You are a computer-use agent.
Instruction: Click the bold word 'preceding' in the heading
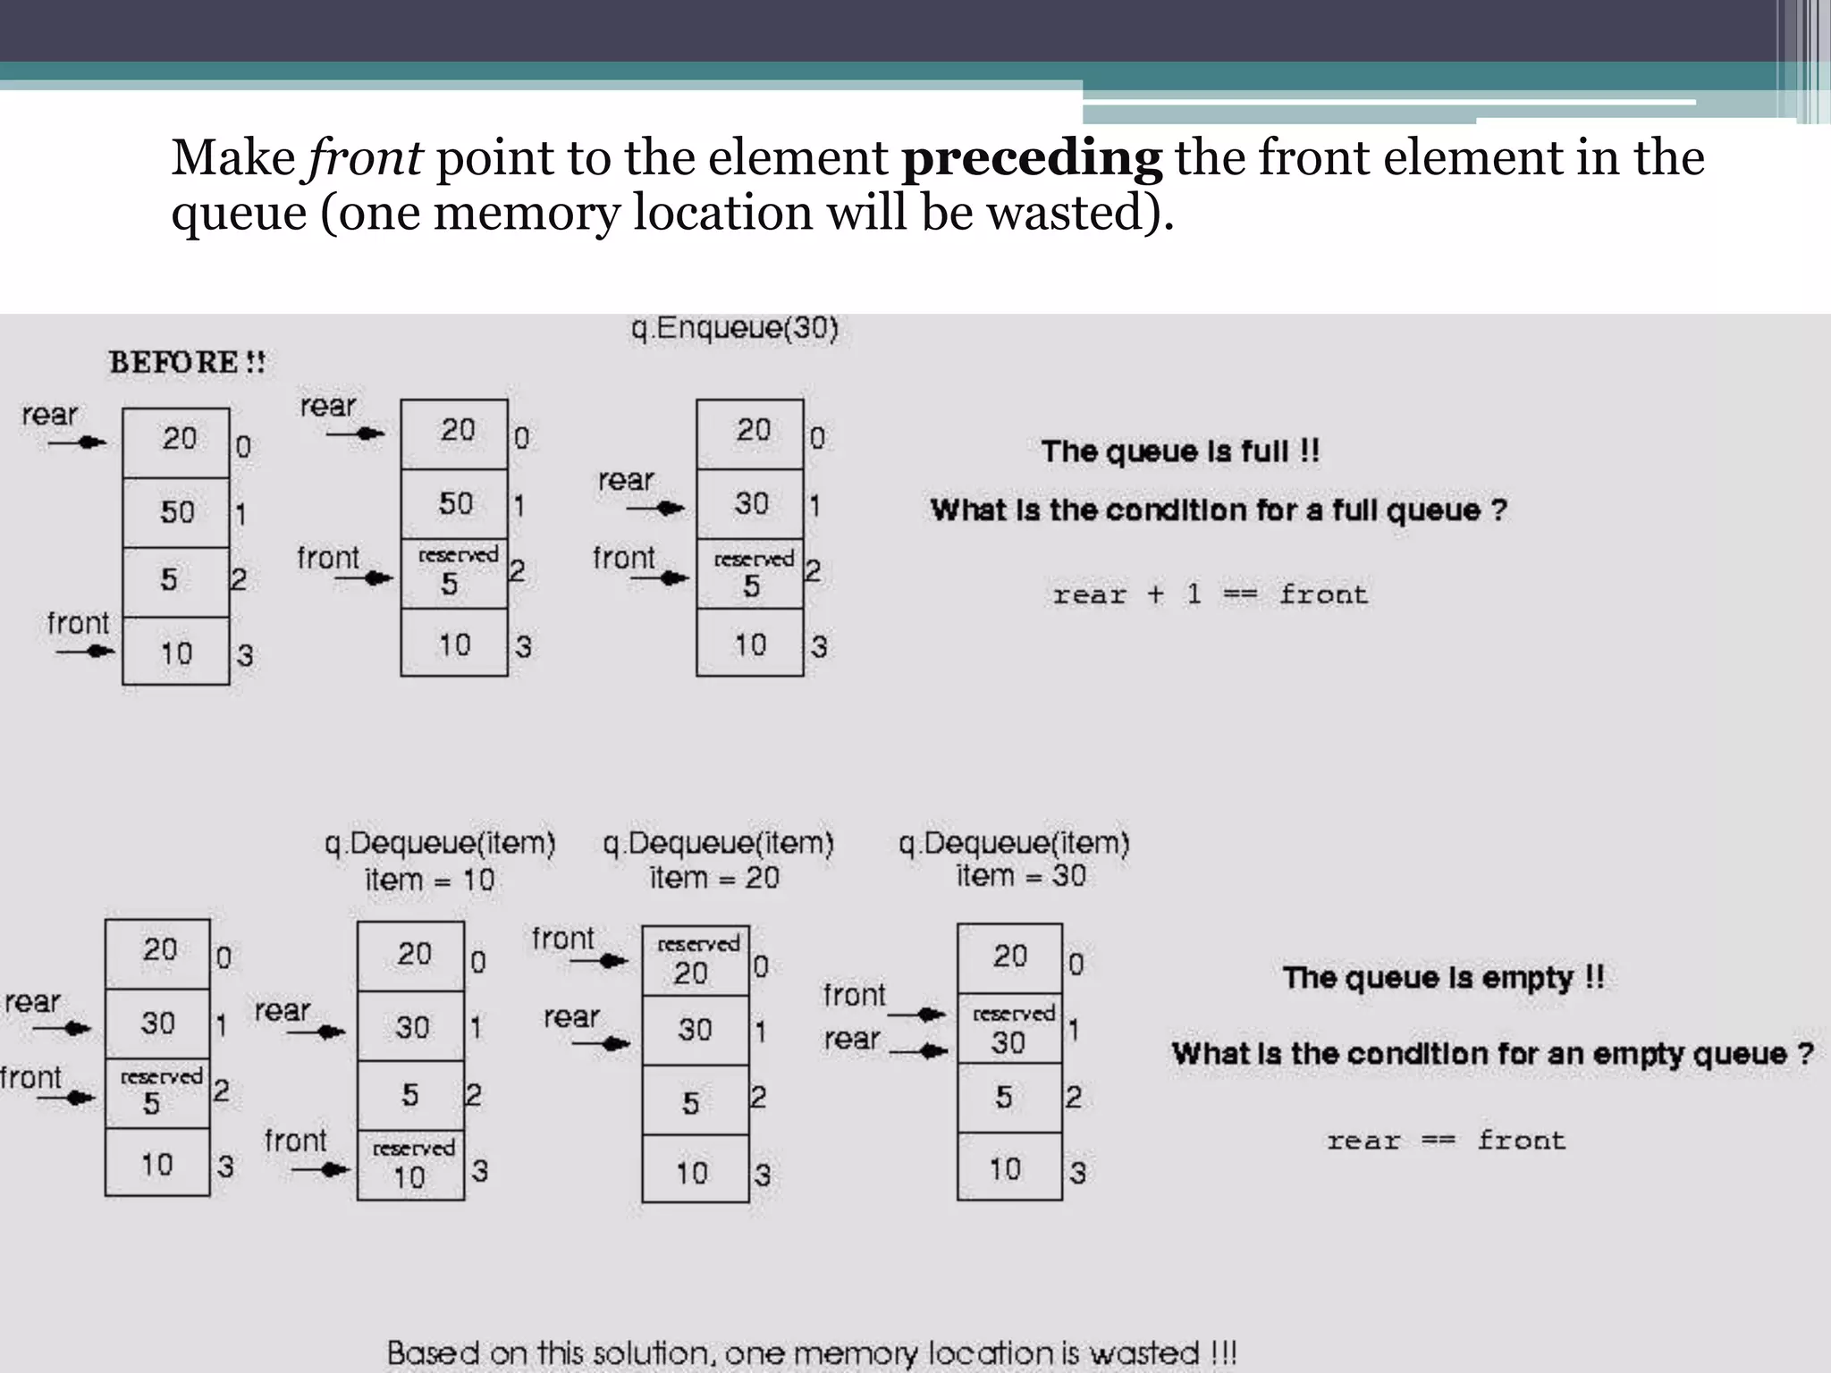pos(1031,159)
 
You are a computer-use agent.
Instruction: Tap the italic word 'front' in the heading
pos(365,159)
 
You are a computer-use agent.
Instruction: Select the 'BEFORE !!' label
pos(187,363)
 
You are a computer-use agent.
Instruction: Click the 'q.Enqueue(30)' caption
pos(734,329)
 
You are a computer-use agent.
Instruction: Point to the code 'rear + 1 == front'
pos(1210,594)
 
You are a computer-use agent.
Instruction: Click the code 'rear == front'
pos(1446,1141)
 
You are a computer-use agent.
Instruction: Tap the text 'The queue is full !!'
pos(1180,451)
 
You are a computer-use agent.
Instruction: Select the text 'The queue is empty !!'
pos(1443,978)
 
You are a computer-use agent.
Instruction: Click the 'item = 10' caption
pos(429,880)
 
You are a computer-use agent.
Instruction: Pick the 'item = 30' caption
pos(1020,876)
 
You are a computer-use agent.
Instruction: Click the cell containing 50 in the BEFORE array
pos(176,512)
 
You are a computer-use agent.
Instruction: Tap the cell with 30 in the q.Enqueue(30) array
pos(750,504)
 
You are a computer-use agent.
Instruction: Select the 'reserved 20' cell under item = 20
pos(696,961)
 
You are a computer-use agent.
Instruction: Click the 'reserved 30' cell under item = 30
pos(1010,1029)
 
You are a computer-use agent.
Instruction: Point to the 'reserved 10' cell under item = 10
pos(410,1166)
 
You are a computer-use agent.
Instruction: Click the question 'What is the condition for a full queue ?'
pos(1219,510)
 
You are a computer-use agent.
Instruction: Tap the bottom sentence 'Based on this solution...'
pos(812,1352)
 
